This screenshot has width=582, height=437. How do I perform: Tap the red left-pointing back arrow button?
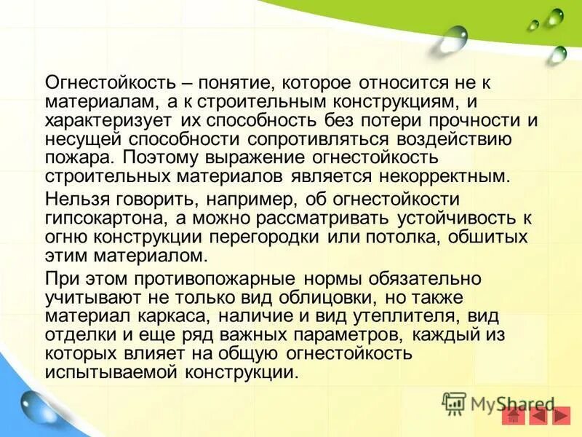point(538,416)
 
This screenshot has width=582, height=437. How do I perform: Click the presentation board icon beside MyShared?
point(454,403)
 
